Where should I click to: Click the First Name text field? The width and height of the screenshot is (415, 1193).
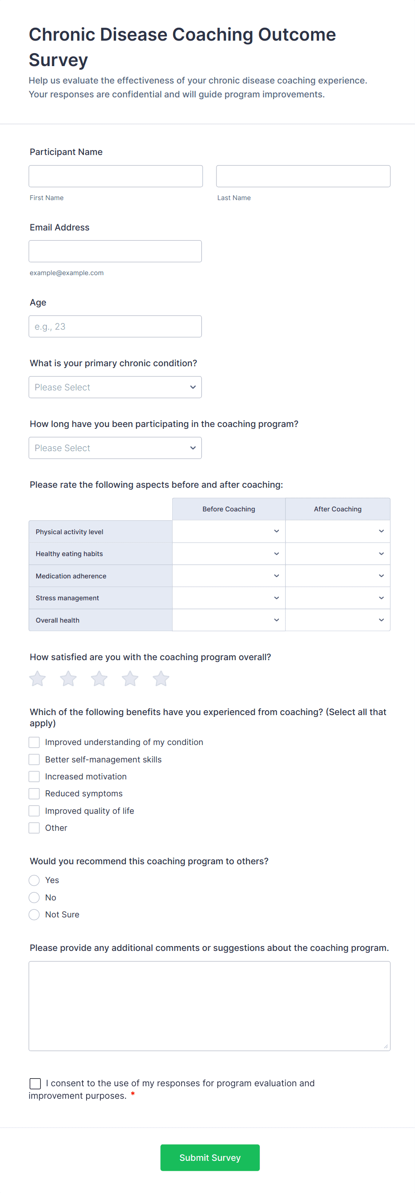pos(116,176)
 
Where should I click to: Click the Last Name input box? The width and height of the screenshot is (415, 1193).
pos(303,176)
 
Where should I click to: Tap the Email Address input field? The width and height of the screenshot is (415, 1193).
pos(115,251)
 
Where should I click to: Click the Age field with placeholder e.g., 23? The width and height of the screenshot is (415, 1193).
pos(115,327)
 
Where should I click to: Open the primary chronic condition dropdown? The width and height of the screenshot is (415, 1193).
pos(115,387)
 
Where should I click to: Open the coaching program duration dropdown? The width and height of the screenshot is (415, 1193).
pos(115,448)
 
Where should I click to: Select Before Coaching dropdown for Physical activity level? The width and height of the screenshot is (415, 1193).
pos(228,531)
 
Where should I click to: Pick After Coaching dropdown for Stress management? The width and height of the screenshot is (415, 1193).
pos(337,598)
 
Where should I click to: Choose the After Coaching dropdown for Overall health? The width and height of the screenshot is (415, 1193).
pos(337,620)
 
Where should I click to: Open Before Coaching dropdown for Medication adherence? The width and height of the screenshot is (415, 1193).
pos(228,576)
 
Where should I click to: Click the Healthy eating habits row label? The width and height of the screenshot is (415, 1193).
pos(70,554)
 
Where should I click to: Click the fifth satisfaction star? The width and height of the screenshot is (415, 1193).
pos(161,679)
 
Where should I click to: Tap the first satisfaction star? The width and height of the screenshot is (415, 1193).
pos(37,679)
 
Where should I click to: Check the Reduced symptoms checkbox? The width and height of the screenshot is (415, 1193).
pos(34,794)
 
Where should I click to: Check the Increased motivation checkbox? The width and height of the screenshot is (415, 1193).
pos(34,777)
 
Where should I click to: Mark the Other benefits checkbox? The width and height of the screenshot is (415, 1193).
pos(34,828)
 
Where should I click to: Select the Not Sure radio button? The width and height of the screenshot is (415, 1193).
pos(34,915)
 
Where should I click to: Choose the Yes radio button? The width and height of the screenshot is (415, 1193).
pos(34,880)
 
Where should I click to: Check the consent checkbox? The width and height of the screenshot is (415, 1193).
pos(35,1083)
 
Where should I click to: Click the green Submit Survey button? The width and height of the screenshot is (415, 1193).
pos(210,1158)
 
